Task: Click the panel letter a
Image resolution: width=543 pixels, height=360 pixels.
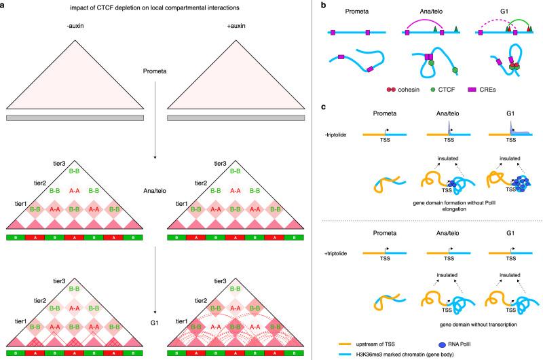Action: (x=3, y=5)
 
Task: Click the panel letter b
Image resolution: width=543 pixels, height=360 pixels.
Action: (x=322, y=5)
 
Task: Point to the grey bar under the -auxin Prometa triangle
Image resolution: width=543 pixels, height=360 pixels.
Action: (x=75, y=118)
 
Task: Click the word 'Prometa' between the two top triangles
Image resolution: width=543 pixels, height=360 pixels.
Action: (x=155, y=70)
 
